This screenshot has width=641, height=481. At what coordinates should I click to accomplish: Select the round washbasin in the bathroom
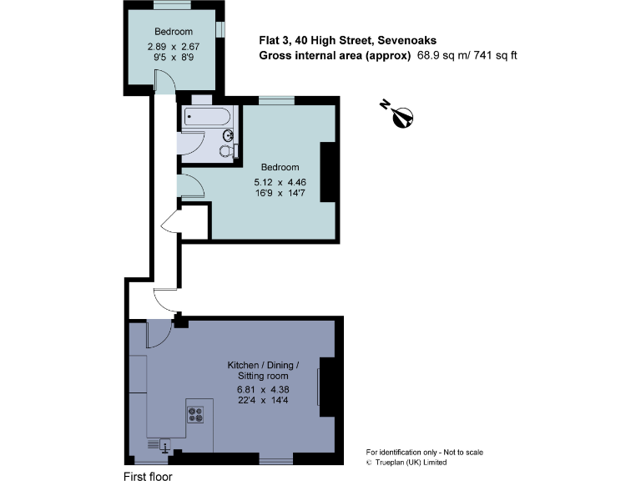pyautogui.click(x=227, y=135)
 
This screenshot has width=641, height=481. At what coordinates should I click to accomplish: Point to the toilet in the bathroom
pyautogui.click(x=225, y=151)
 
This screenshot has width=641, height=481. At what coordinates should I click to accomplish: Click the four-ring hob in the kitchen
pyautogui.click(x=196, y=413)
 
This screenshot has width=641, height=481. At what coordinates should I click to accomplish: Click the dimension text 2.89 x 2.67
pyautogui.click(x=173, y=47)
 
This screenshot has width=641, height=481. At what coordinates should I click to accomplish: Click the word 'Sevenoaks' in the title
pyautogui.click(x=406, y=40)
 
